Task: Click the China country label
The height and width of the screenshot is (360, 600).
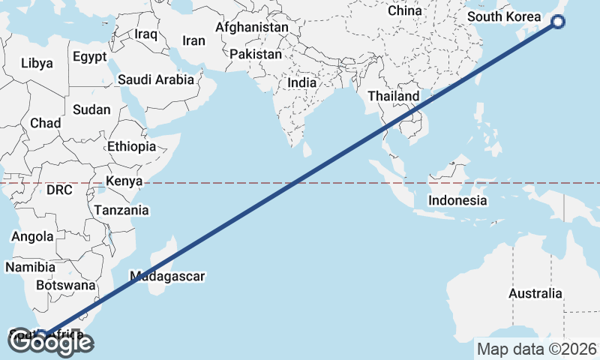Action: pos(405,11)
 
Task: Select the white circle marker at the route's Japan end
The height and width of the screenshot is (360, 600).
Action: pos(558,22)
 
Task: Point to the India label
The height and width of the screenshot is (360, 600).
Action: pos(302,83)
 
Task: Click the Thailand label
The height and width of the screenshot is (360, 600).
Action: pos(393,97)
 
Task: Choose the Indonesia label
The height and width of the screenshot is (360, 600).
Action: pos(457,200)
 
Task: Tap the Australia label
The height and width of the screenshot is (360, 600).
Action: pos(535,293)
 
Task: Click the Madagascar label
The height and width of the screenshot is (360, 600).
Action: pos(167,276)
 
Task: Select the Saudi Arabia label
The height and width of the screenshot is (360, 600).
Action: pos(156,79)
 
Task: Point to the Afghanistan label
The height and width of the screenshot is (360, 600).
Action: pos(251,28)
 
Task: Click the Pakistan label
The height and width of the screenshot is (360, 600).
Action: pos(256,55)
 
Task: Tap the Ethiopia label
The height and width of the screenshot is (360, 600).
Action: pos(131,146)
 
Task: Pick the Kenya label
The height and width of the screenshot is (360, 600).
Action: pos(124,181)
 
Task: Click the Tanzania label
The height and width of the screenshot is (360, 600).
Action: pos(121,210)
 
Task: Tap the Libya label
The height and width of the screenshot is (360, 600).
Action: pos(37,63)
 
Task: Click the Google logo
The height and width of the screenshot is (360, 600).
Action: pos(52,343)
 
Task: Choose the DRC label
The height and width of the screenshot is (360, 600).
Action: pos(59,190)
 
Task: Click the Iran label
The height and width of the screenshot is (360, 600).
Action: pos(193,40)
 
